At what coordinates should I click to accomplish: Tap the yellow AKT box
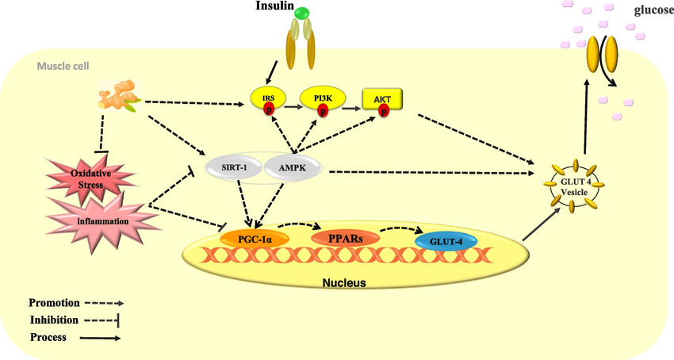click(x=382, y=97)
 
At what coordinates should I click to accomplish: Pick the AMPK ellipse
click(x=292, y=168)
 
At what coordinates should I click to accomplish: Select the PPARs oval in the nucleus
click(x=343, y=237)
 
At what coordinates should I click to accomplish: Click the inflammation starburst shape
click(x=97, y=220)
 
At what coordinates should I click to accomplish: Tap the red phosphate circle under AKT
click(x=384, y=110)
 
